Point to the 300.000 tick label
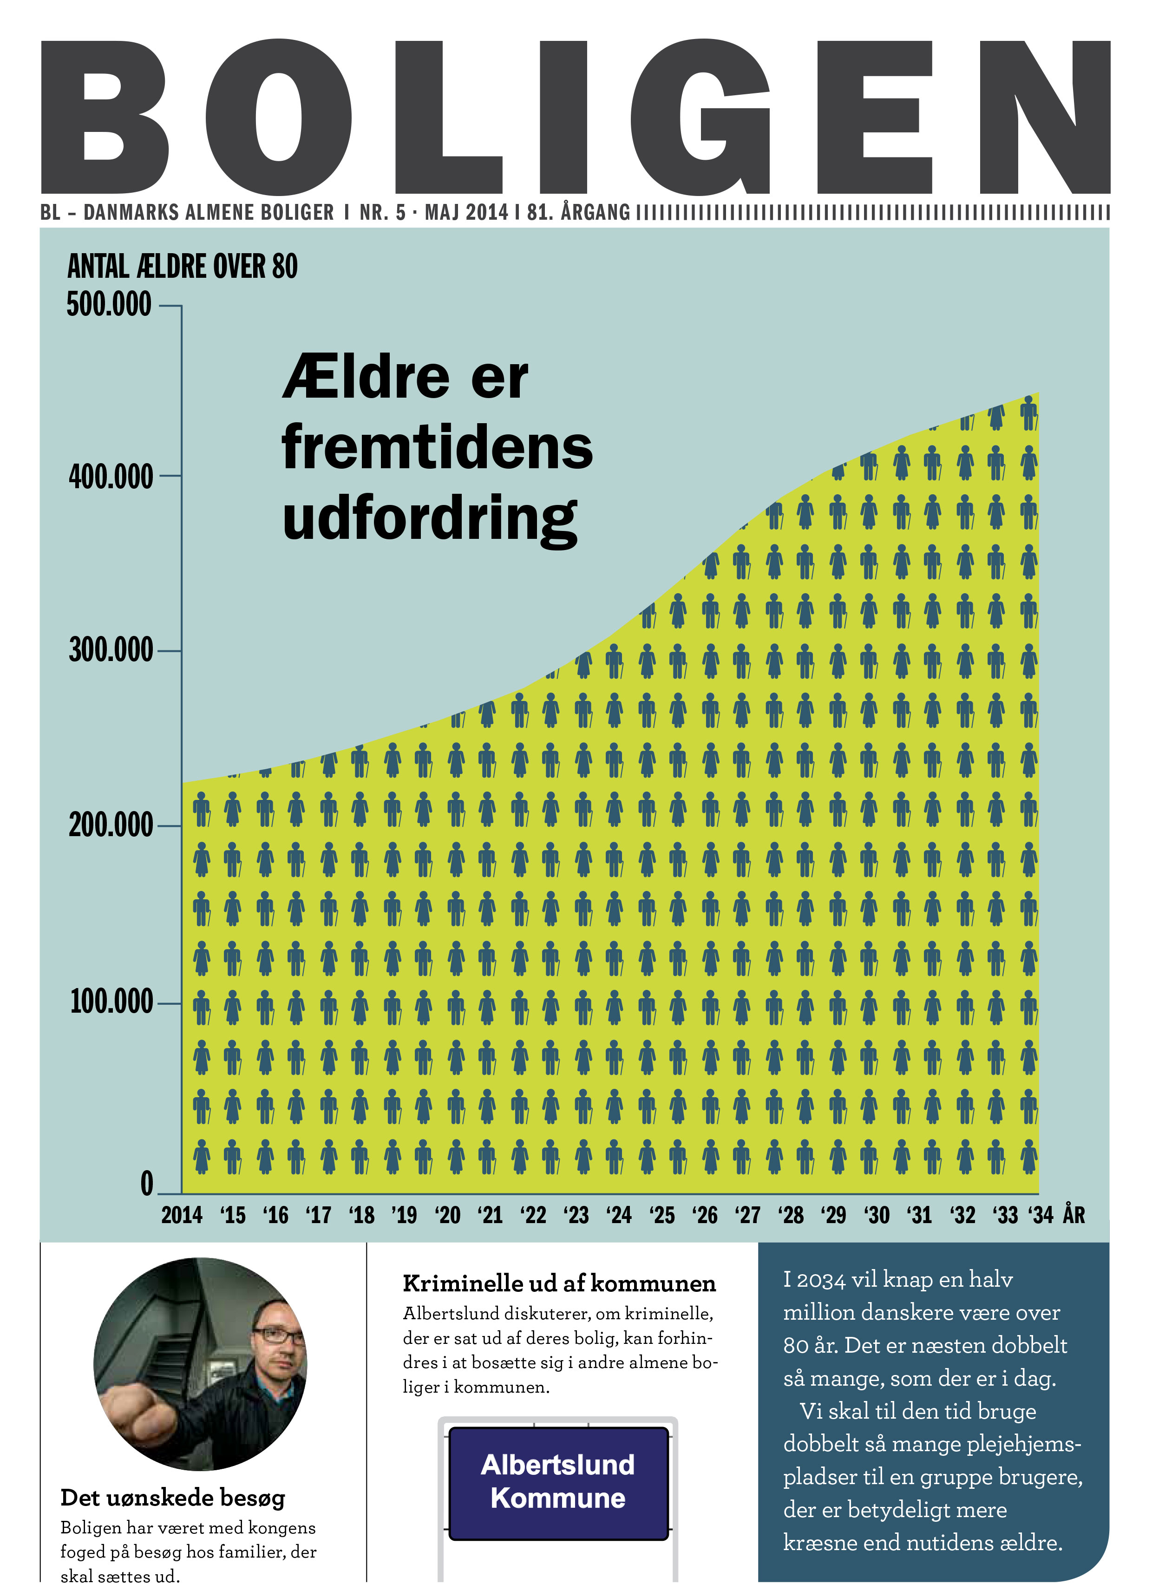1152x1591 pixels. coord(111,650)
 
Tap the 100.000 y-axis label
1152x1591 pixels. coord(111,1001)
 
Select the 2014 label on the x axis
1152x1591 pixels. coord(182,1215)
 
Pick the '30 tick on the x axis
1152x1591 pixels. coord(877,1215)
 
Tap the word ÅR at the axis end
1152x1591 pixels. coord(1074,1215)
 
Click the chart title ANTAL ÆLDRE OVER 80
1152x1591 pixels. coord(183,267)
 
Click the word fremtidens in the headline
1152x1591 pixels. coord(437,447)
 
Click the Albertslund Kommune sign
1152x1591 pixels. coord(558,1481)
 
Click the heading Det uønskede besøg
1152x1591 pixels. coord(173,1498)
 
